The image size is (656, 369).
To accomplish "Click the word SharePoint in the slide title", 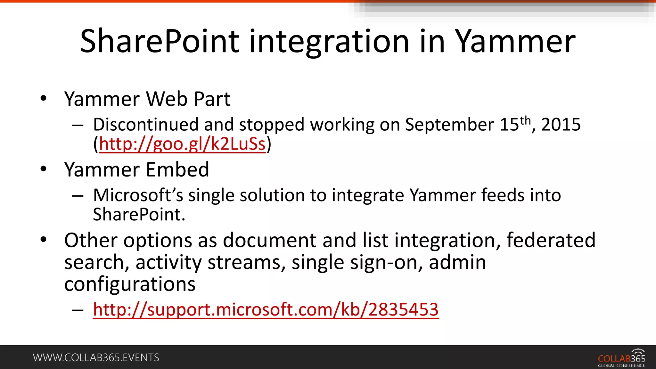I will tap(159, 42).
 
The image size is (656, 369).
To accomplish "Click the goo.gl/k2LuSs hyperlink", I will tap(182, 144).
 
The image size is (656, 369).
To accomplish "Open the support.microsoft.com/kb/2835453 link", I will tap(266, 310).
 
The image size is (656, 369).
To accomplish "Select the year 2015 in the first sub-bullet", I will tap(561, 125).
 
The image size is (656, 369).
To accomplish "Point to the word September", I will tap(449, 125).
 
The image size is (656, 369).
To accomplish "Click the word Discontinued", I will tap(146, 125).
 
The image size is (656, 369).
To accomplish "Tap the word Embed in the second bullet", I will tap(177, 169).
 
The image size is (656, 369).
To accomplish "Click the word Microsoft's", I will tap(138, 195).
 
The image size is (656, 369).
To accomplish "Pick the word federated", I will tap(551, 240).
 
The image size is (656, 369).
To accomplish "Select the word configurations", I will tap(130, 284).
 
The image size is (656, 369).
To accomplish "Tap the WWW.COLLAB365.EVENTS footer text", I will tap(96, 357).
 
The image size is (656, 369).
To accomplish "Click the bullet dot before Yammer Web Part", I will tap(44, 98).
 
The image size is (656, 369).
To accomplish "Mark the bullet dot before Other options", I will tap(44, 239).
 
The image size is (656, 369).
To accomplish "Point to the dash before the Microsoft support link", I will tap(78, 310).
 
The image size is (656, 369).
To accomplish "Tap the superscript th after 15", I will tap(525, 120).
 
